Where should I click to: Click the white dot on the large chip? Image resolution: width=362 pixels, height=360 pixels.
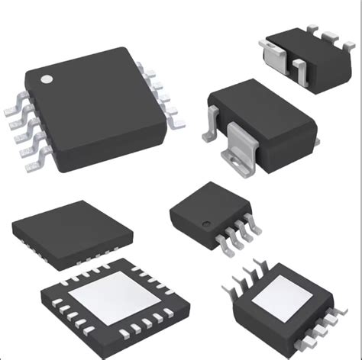tap(47, 78)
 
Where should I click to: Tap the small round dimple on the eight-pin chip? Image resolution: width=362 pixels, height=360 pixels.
tap(206, 222)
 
